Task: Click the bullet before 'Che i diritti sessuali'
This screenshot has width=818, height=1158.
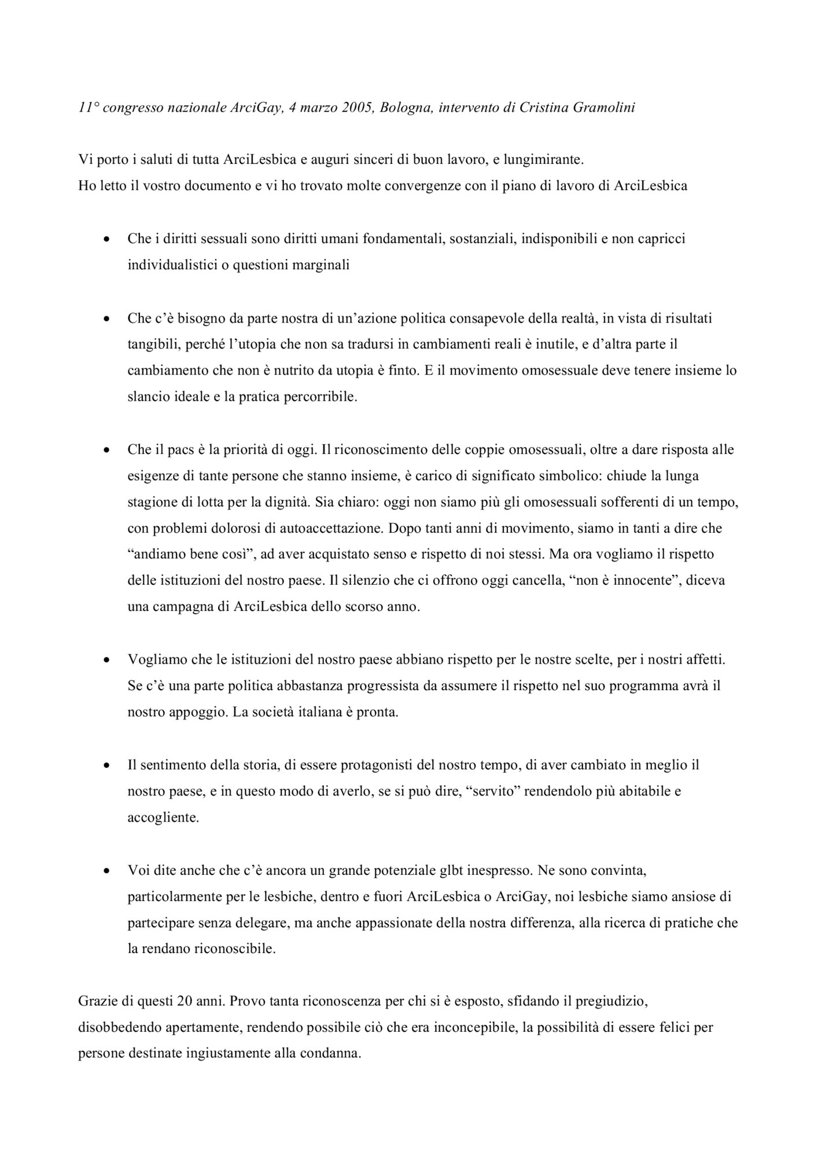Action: point(106,240)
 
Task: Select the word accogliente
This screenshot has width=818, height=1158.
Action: point(163,818)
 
